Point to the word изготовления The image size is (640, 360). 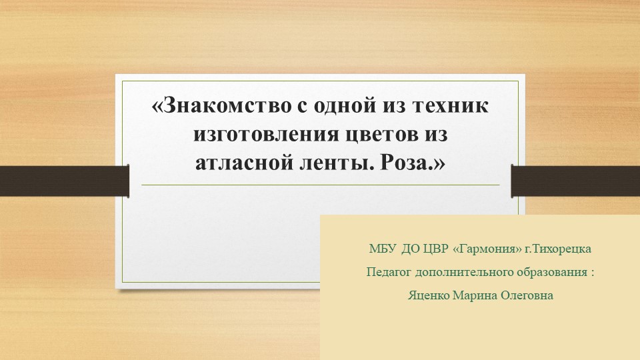tap(264, 134)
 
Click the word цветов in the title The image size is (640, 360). tap(380, 134)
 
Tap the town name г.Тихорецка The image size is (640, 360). tap(558, 249)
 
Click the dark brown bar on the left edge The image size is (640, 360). tap(64, 180)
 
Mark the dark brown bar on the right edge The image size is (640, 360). tap(575, 180)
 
